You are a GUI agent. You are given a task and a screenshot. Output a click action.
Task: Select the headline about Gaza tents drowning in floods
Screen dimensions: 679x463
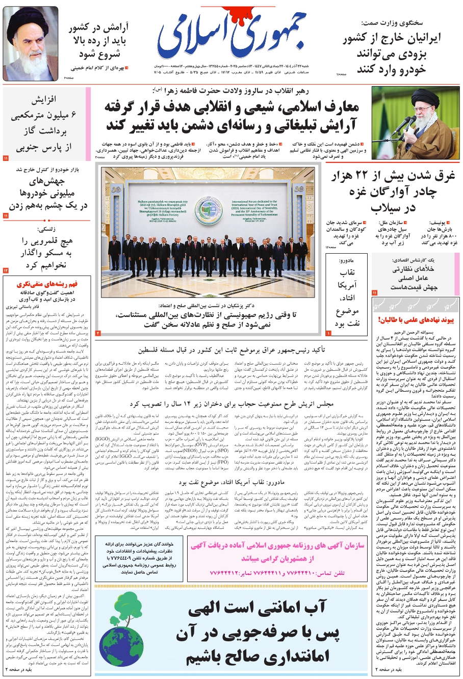393,192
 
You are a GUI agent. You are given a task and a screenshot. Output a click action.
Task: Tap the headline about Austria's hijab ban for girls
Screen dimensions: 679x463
231,403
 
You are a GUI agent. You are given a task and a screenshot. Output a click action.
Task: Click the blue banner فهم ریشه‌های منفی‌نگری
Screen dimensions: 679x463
47,284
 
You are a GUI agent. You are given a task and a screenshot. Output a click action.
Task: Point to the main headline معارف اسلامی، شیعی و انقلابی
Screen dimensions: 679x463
231,116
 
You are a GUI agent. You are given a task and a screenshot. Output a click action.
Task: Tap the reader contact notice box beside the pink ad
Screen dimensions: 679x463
139,558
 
